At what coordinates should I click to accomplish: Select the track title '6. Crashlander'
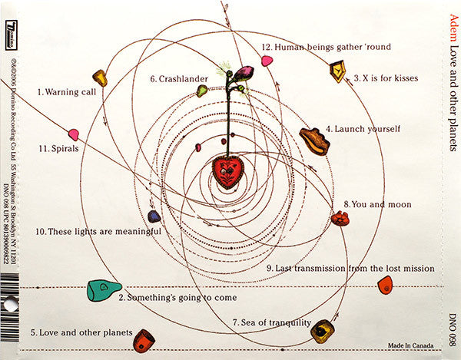[174, 78]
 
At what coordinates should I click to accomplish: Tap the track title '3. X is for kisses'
[388, 78]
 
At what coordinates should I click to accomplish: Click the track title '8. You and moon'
[378, 205]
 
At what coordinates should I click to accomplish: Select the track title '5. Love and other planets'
[81, 333]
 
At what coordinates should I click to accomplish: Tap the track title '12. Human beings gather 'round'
[326, 47]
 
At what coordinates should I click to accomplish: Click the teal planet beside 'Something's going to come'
[104, 289]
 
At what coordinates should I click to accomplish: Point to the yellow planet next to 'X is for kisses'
[337, 71]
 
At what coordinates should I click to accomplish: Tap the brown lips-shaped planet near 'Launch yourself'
[314, 140]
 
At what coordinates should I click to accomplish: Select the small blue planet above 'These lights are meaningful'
[154, 216]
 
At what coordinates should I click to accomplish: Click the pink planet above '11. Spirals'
[74, 134]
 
